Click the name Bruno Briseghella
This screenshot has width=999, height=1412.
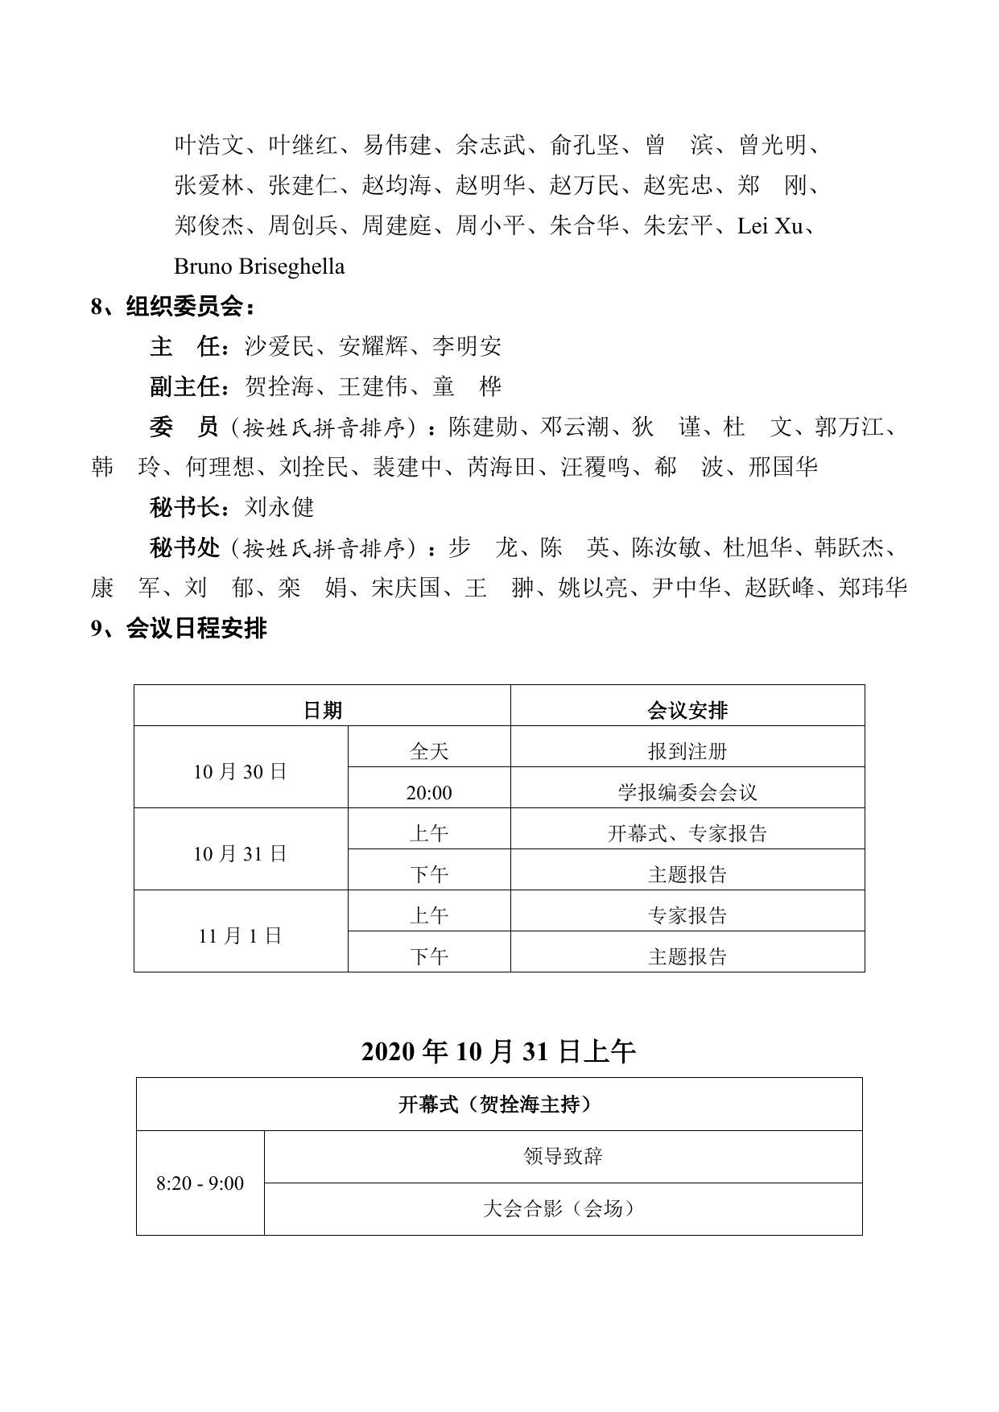pos(259,266)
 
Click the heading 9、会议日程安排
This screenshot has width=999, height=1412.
pos(179,628)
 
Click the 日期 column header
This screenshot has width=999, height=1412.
pos(322,710)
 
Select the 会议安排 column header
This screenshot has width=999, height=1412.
pos(687,710)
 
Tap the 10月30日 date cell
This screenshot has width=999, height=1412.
pos(240,771)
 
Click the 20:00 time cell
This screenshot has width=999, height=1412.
pos(428,793)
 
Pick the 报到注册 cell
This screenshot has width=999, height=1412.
pos(687,751)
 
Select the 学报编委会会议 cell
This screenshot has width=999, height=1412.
pos(687,793)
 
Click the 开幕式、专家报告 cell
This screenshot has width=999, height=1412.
pos(687,833)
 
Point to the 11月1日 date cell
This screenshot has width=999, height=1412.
pos(240,935)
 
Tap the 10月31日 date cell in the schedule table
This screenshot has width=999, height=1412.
pos(240,853)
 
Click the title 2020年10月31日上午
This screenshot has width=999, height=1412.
pos(498,1051)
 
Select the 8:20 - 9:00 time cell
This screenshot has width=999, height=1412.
pos(200,1183)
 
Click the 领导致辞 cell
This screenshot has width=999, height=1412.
pos(563,1157)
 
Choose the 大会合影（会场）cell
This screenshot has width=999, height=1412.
pos(563,1208)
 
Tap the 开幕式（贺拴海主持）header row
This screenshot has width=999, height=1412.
pos(498,1104)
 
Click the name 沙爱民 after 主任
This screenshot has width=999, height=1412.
pos(279,347)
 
